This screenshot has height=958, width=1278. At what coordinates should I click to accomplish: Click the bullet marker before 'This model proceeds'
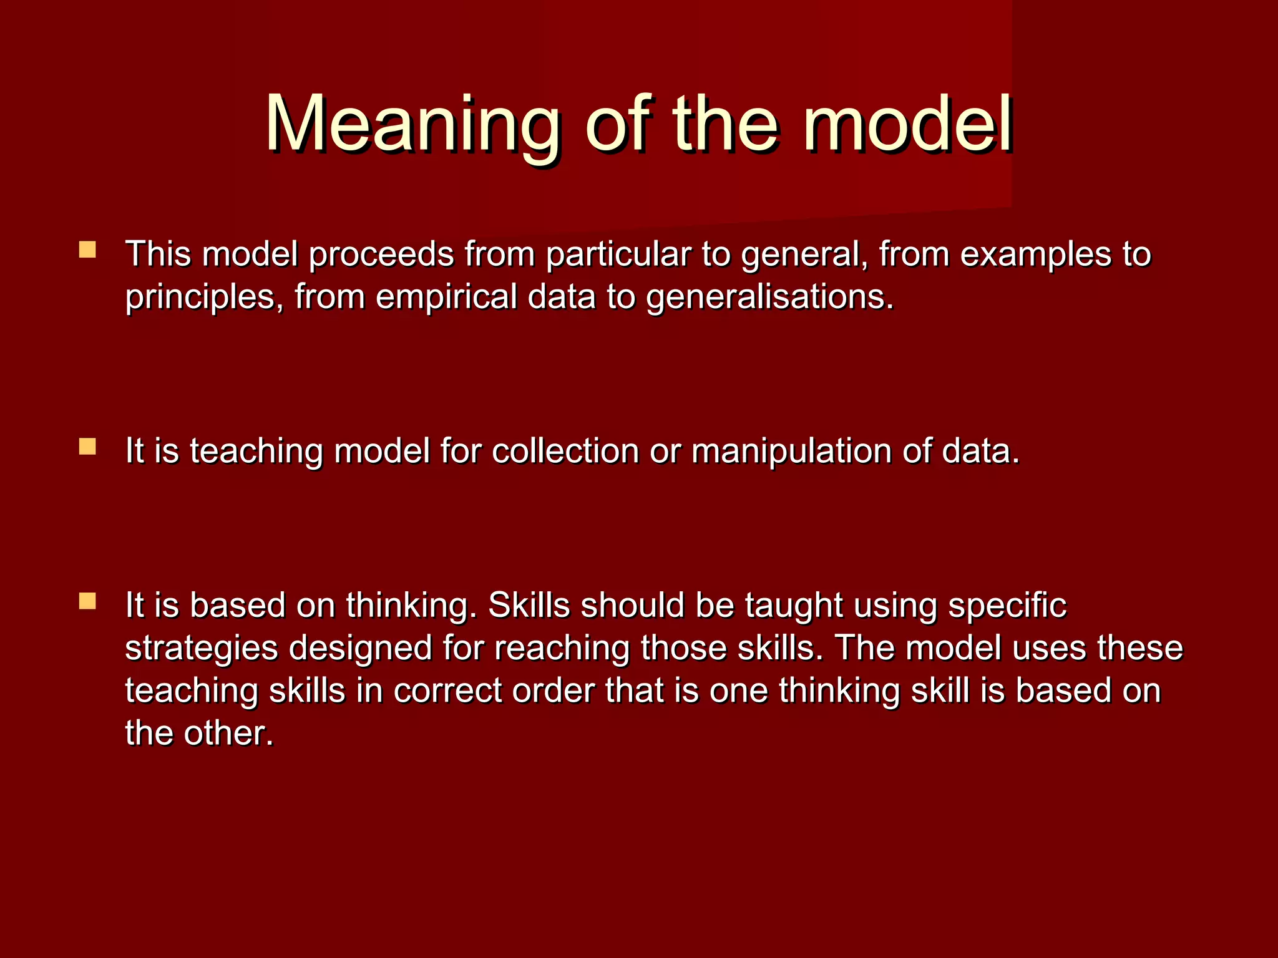pyautogui.click(x=87, y=250)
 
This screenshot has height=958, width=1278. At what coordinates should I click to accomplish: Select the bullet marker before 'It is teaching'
pyautogui.click(x=87, y=447)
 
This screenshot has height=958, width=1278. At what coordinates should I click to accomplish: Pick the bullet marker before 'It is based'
pyautogui.click(x=87, y=601)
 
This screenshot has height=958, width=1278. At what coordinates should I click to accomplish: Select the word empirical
pyautogui.click(x=446, y=297)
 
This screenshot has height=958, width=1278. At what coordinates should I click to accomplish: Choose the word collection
pyautogui.click(x=565, y=450)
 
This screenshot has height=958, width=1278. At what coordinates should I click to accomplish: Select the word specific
pyautogui.click(x=1007, y=605)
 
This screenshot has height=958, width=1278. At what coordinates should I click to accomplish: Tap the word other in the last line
pyautogui.click(x=228, y=733)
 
